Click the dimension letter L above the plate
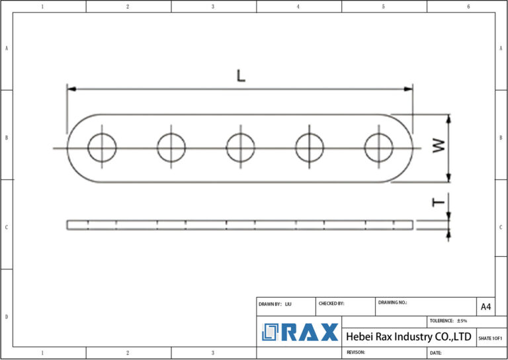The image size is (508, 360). pyautogui.click(x=241, y=76)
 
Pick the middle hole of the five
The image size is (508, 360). pyautogui.click(x=241, y=147)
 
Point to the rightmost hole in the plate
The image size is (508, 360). pyautogui.click(x=378, y=147)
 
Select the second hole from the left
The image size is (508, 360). pyautogui.click(x=171, y=147)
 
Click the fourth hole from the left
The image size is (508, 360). pyautogui.click(x=310, y=147)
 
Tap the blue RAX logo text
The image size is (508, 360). pyautogui.click(x=310, y=332)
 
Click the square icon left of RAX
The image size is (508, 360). pyautogui.click(x=270, y=332)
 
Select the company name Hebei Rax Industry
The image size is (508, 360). pyautogui.click(x=408, y=337)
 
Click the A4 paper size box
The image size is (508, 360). pyautogui.click(x=486, y=306)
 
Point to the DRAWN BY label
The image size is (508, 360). pyautogui.click(x=270, y=304)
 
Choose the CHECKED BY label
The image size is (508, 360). pyautogui.click(x=331, y=304)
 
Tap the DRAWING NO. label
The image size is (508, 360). pyautogui.click(x=393, y=302)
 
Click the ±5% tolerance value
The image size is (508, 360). pyautogui.click(x=462, y=320)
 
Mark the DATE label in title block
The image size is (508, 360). pyautogui.click(x=436, y=353)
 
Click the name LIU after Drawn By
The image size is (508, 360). pyautogui.click(x=288, y=304)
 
